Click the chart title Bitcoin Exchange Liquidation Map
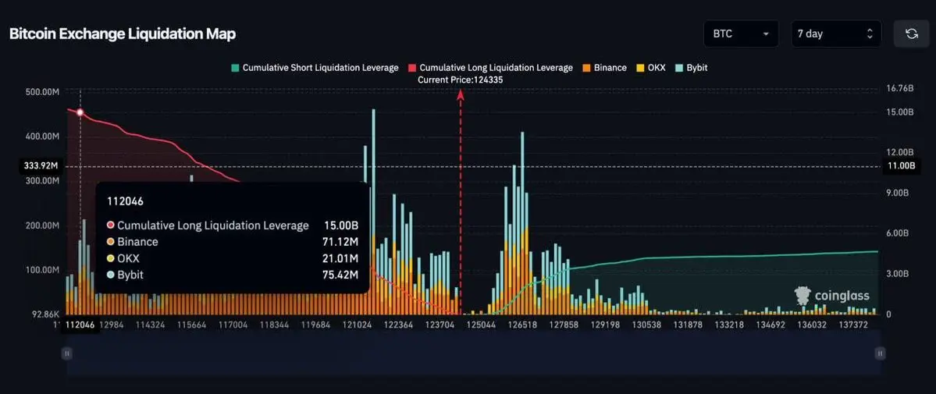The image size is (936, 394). coord(122,34)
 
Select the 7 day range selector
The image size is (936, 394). coord(835,34)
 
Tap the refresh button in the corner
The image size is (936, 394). coord(911,34)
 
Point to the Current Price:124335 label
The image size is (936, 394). coord(460,80)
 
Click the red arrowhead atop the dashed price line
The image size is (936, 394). coord(461,94)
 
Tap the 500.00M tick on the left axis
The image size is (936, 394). coord(42,92)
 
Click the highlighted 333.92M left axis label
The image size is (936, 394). coord(42,166)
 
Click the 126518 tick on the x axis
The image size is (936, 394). coord(521,325)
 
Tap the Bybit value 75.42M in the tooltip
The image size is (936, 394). coord(341,275)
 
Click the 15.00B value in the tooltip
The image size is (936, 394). coord(341,225)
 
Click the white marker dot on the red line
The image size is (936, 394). coord(80,112)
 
